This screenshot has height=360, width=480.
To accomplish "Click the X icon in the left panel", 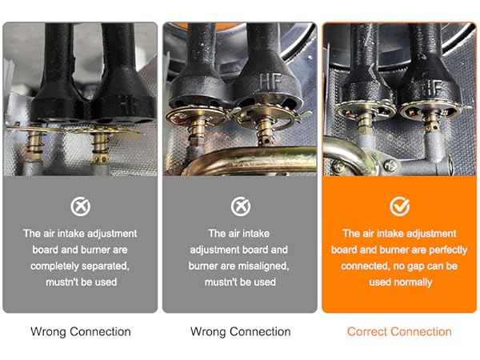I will (x=80, y=207).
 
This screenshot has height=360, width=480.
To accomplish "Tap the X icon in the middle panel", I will (x=240, y=207).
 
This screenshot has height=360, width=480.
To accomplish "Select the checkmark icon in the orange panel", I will (x=399, y=207).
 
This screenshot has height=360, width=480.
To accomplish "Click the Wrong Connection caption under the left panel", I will (x=80, y=331).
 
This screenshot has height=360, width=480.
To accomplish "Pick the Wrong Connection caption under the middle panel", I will (x=240, y=331).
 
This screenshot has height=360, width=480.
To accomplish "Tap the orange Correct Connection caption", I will (x=399, y=331).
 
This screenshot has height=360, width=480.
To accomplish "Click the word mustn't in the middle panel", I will (x=222, y=282).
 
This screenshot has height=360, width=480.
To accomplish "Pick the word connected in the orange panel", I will (x=366, y=266).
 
